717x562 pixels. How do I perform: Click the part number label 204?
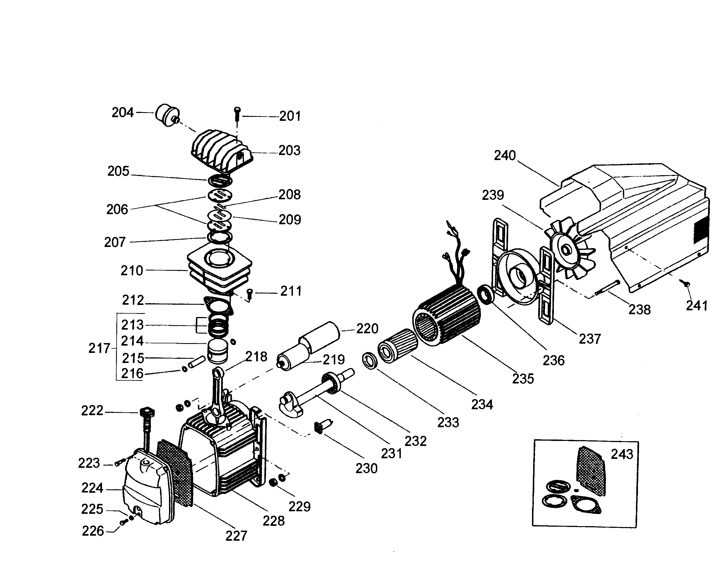(x=122, y=112)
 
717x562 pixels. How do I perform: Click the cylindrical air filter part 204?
(x=166, y=116)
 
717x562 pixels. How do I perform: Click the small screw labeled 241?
(x=685, y=284)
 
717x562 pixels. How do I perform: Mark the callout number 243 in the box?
(x=622, y=454)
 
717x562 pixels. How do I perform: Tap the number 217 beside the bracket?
(x=99, y=348)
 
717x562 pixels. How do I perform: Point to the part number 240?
(x=505, y=155)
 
